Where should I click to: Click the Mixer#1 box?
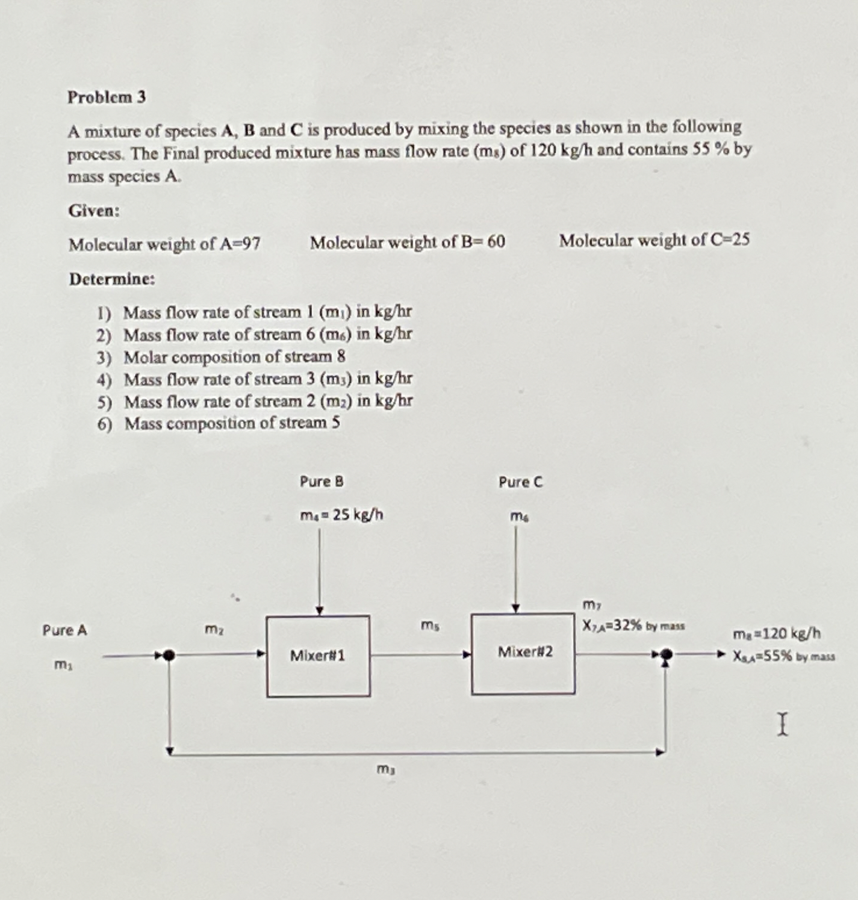point(318,656)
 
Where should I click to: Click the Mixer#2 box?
point(523,653)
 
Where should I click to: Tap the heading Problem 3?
point(107,97)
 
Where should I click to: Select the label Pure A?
point(64,630)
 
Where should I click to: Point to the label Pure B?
point(322,482)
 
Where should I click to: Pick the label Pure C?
point(520,482)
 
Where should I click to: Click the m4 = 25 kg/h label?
point(341,515)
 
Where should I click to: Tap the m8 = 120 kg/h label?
point(777,633)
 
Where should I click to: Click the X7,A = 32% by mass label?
point(633,625)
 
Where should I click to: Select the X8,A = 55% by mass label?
point(783,656)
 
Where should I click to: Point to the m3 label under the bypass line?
point(386,769)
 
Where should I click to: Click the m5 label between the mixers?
point(430,626)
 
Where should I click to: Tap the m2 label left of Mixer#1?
point(214,630)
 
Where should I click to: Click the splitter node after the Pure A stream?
point(170,655)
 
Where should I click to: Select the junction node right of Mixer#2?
point(665,654)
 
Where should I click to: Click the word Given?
point(94,211)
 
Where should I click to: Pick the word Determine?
point(112,279)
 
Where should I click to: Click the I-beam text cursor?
point(782,724)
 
